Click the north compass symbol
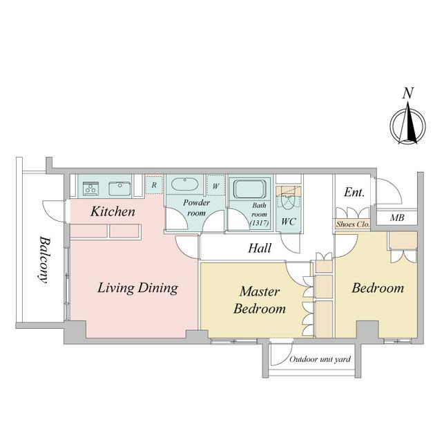tap(407, 125)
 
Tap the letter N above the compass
tap(408, 93)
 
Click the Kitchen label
tap(113, 211)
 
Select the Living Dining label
tap(138, 288)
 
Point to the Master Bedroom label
tap(260, 300)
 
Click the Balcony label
tap(44, 260)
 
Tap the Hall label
tap(260, 248)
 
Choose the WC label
tap(289, 222)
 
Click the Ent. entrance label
tap(354, 192)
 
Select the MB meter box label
tap(397, 218)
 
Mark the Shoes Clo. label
tap(352, 224)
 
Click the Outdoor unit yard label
tap(320, 359)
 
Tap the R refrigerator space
tap(154, 185)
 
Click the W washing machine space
tap(215, 186)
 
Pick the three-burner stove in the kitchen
tap(90, 189)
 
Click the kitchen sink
tap(119, 189)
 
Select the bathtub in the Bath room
tap(250, 189)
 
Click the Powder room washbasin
tap(184, 184)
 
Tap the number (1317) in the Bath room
tap(260, 223)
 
